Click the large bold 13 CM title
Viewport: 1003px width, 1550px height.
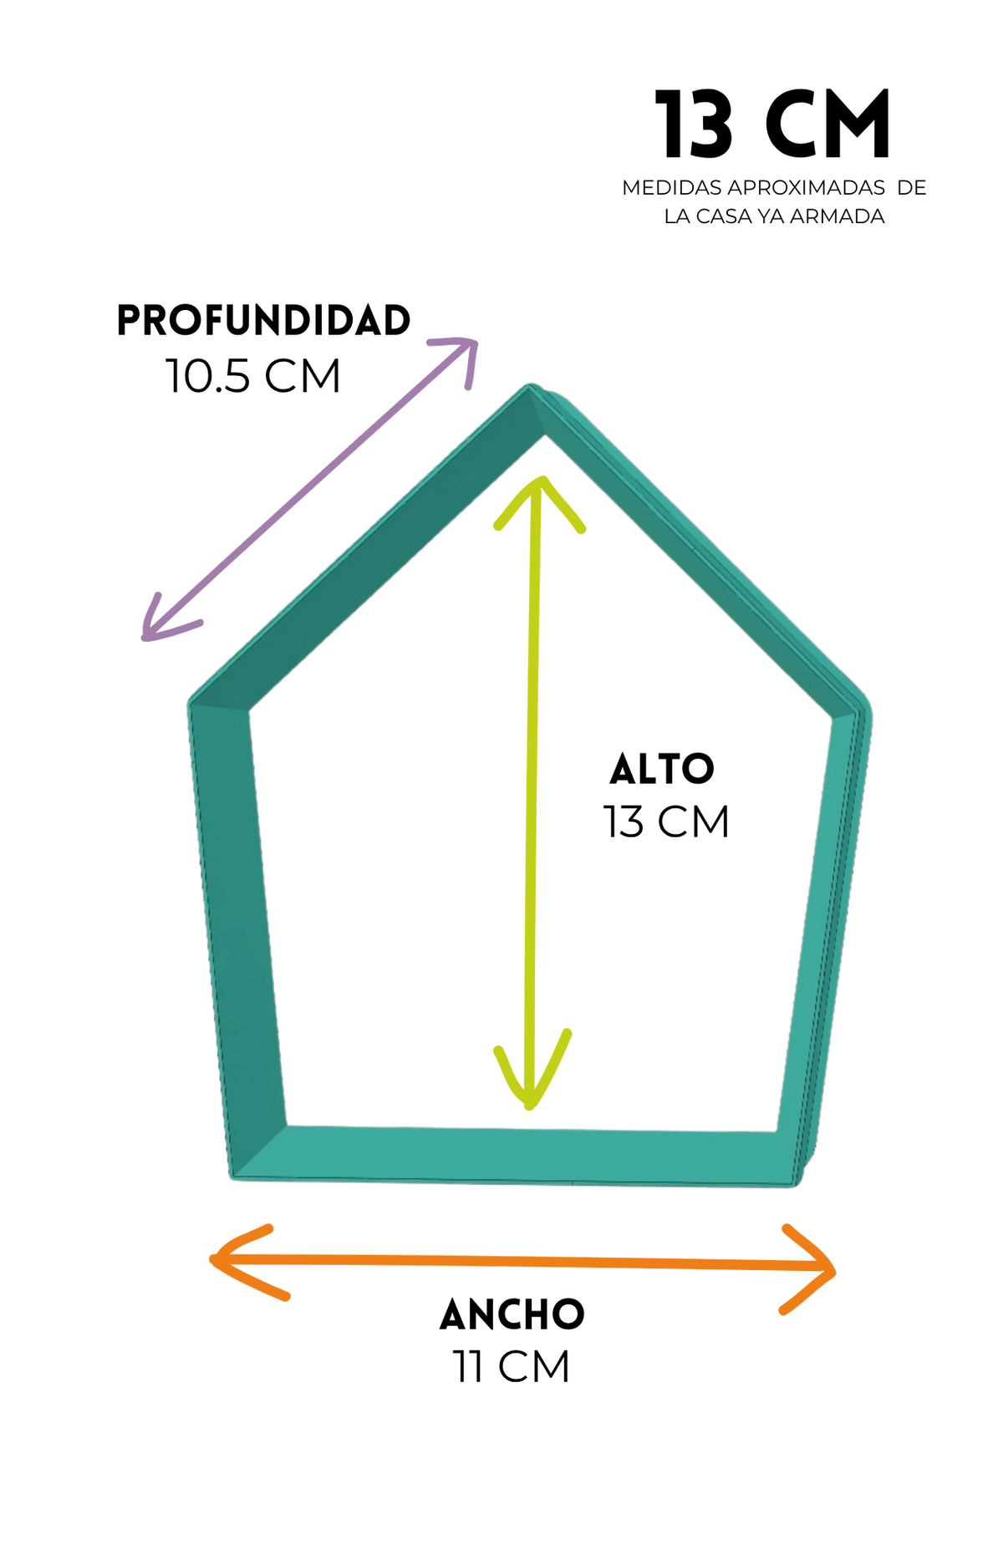[772, 125]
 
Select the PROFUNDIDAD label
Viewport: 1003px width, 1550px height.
[263, 321]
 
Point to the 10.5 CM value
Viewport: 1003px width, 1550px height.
[253, 376]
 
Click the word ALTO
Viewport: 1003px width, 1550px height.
[662, 770]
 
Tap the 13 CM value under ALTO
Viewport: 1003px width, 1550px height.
[666, 822]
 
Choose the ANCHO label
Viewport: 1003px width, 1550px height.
[512, 1315]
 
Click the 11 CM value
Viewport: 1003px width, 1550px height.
[512, 1368]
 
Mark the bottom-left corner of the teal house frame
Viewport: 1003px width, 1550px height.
[233, 1176]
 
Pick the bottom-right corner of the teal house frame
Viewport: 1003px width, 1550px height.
[794, 1183]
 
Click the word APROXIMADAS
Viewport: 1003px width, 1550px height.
[807, 188]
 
